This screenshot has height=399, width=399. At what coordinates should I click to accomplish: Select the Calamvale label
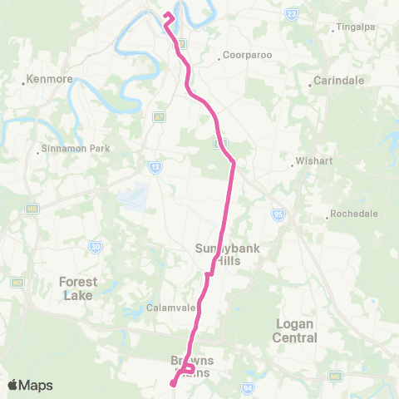point(171,308)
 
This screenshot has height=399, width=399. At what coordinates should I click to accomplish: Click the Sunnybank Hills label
point(218,253)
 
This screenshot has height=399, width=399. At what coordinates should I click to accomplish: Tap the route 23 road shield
point(291,14)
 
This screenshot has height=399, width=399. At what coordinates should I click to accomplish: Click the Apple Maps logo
point(30,385)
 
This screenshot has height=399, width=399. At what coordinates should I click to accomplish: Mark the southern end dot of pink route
point(173,383)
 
